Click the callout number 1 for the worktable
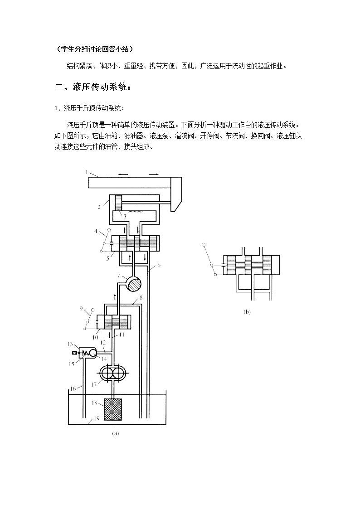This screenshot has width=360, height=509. click(87, 172)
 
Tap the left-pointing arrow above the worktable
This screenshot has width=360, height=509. click(123, 175)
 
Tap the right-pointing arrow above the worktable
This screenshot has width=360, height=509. click(154, 175)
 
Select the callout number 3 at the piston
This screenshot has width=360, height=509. click(125, 216)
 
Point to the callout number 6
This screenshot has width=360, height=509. click(159, 265)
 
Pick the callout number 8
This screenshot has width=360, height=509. click(141, 297)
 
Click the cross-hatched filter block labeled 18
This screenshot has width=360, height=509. click(112, 409)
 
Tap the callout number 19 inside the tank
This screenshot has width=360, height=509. click(97, 418)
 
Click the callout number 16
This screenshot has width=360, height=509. click(73, 388)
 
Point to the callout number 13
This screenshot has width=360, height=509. click(70, 344)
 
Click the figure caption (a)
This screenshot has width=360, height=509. click(115, 433)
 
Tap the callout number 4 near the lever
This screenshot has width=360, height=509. click(96, 232)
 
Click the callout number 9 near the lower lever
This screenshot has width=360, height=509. click(81, 308)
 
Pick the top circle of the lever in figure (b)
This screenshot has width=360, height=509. click(204, 245)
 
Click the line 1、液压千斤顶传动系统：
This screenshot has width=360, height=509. click(89, 108)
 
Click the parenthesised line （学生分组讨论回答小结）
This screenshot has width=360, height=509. click(95, 49)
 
